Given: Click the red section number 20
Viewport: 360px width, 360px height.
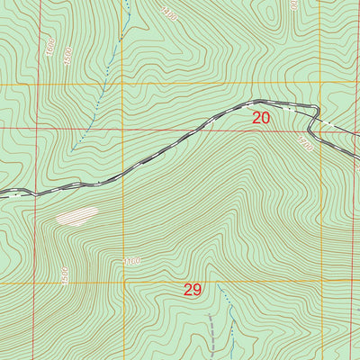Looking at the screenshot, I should point(261,117).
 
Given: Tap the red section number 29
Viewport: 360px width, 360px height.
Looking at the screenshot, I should point(193,290).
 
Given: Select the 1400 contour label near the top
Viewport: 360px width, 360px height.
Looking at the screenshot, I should point(170,13).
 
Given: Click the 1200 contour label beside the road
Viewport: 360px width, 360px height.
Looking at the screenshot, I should point(305,143).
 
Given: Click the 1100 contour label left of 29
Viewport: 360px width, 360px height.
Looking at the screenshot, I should point(132,262).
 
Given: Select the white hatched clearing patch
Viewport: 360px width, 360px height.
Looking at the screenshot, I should point(77,215).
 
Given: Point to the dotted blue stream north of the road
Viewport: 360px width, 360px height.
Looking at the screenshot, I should point(90,126).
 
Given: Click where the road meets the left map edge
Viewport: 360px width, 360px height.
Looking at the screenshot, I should point(2,193).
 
